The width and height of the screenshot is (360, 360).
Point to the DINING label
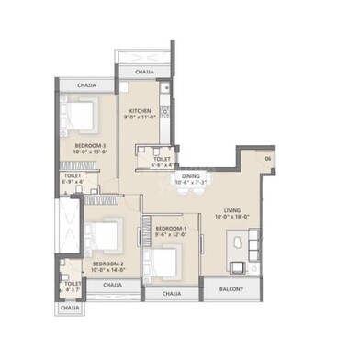190,175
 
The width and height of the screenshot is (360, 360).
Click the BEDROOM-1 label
171,228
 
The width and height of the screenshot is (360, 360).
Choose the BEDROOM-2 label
108,264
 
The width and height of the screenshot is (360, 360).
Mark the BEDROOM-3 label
91,145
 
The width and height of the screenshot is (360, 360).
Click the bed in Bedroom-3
82,116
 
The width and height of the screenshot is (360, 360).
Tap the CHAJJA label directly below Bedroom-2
112,285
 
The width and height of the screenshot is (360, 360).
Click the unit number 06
268,161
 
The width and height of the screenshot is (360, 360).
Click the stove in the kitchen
165,112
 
